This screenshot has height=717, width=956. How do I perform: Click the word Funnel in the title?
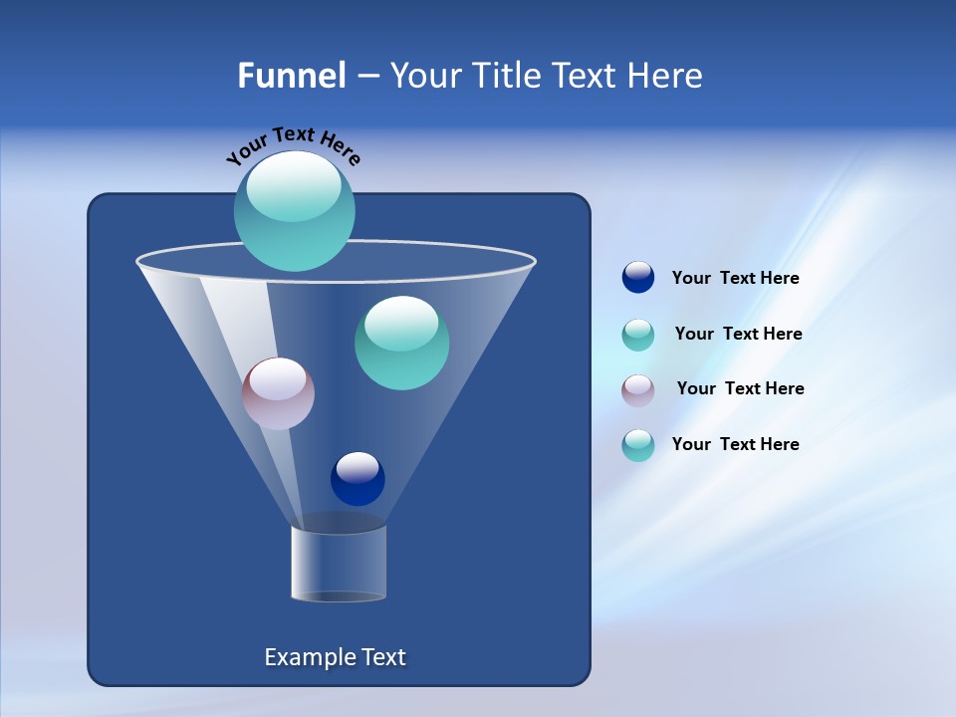tap(292, 76)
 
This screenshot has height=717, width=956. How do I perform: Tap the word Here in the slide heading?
tap(663, 76)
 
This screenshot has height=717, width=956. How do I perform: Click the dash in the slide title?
tap(367, 77)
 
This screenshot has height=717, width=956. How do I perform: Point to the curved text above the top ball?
tap(293, 145)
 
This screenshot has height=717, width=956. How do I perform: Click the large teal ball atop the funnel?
tap(294, 211)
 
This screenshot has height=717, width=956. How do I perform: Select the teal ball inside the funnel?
tap(401, 343)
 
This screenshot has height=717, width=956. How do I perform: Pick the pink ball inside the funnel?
tap(278, 393)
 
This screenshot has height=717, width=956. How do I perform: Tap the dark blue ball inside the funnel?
tap(358, 479)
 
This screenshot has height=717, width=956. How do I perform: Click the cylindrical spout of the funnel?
tap(339, 564)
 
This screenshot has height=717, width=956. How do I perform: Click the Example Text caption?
tap(335, 657)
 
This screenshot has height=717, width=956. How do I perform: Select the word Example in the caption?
tap(308, 657)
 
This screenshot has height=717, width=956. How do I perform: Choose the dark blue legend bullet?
tap(638, 278)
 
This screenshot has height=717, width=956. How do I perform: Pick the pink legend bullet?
tap(638, 389)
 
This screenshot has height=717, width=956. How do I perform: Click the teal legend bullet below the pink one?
tap(638, 445)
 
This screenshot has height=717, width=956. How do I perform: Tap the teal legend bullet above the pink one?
tap(638, 334)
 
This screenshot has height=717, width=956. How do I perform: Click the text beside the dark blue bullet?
tap(735, 278)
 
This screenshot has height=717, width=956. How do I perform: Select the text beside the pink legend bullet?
tap(740, 388)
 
